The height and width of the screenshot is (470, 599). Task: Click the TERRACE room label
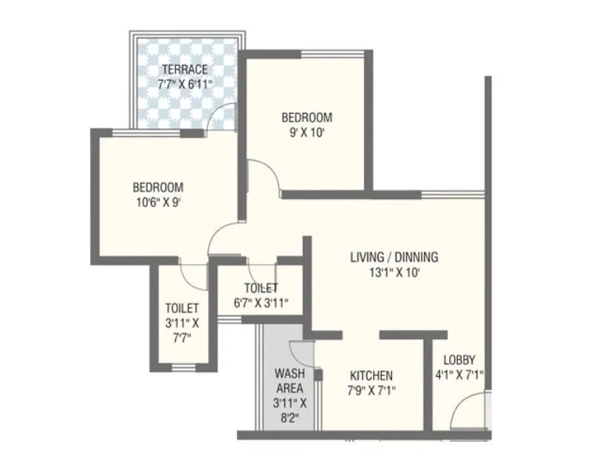coord(186,69)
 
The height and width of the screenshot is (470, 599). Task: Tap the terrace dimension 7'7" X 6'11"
coord(186,83)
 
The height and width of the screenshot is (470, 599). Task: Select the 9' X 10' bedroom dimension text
coord(307,132)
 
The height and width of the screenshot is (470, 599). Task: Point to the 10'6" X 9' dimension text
coord(158,201)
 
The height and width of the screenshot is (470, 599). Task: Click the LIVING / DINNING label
coord(394,257)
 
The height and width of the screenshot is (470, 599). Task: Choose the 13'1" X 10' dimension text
coord(394,272)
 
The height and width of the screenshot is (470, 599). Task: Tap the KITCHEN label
coord(372,375)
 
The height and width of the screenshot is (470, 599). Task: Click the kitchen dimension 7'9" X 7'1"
coord(372,389)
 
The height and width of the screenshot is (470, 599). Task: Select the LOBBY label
coord(459,360)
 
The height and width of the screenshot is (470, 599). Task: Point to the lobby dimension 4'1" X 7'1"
coord(459,375)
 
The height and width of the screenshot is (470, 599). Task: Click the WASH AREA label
coord(289,381)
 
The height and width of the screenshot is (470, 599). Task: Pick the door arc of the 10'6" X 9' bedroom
coord(223,237)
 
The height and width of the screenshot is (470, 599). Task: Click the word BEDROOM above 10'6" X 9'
coord(158,187)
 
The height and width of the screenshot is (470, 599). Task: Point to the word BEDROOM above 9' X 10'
coord(307,117)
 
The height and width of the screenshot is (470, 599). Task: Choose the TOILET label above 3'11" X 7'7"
coord(182,308)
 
